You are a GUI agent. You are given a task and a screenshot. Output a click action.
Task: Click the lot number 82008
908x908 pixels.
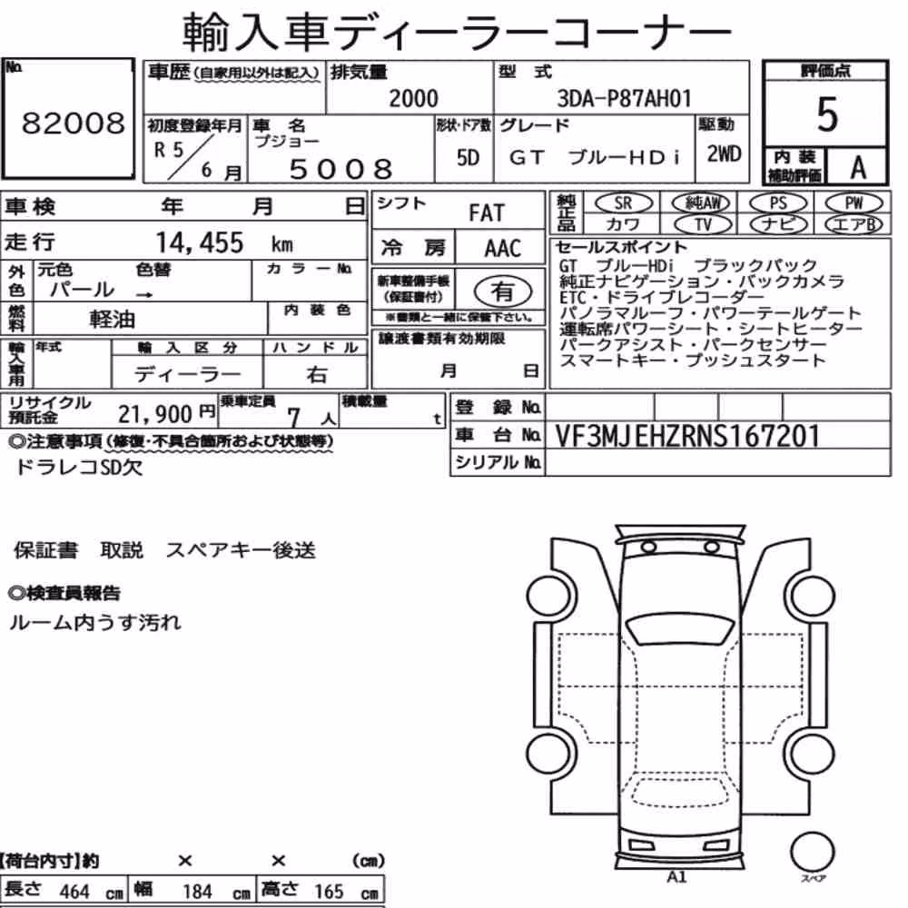click(73, 123)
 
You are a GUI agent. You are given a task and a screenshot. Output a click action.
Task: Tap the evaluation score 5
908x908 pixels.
click(827, 114)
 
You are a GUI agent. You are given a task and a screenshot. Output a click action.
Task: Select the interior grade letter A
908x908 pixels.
click(858, 168)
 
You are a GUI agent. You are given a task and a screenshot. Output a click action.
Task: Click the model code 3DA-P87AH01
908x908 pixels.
click(625, 98)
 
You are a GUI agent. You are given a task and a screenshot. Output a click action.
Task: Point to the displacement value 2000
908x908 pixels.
click(413, 98)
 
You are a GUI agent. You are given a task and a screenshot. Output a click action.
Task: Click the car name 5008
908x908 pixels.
click(341, 169)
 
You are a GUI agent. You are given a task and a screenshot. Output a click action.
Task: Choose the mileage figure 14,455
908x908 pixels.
click(200, 242)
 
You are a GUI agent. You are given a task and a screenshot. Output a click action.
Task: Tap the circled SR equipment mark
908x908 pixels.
click(623, 202)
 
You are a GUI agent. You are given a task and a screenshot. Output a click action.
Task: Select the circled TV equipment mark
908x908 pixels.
click(703, 224)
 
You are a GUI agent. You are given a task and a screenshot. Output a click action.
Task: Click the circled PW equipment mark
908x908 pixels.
click(854, 202)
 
